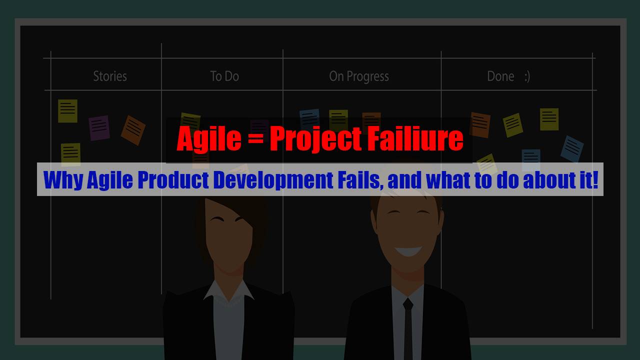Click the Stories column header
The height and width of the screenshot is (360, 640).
[110, 76]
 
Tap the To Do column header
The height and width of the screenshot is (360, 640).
[224, 76]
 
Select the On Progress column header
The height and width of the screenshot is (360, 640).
[358, 76]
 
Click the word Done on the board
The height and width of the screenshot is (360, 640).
[500, 76]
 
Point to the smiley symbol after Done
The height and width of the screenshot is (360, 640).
[526, 76]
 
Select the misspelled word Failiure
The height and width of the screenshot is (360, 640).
[415, 139]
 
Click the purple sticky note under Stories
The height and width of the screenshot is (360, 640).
[99, 127]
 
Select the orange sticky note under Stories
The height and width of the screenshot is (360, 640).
[133, 130]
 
